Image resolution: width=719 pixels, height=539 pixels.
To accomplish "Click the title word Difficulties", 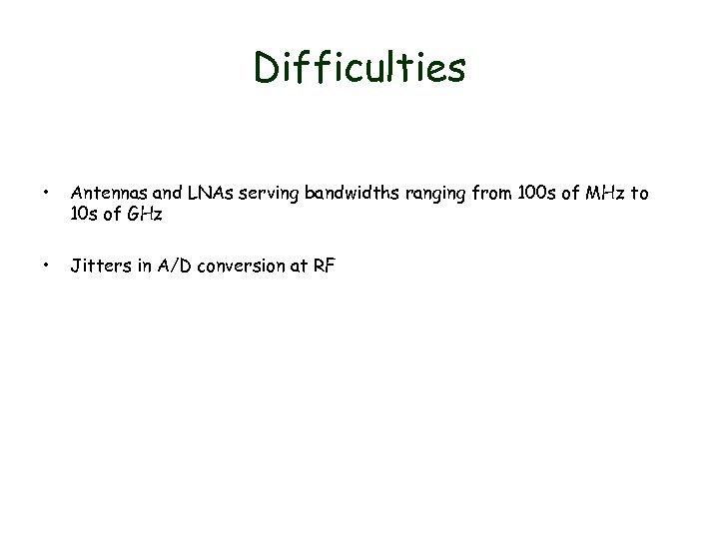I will click(x=359, y=68).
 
